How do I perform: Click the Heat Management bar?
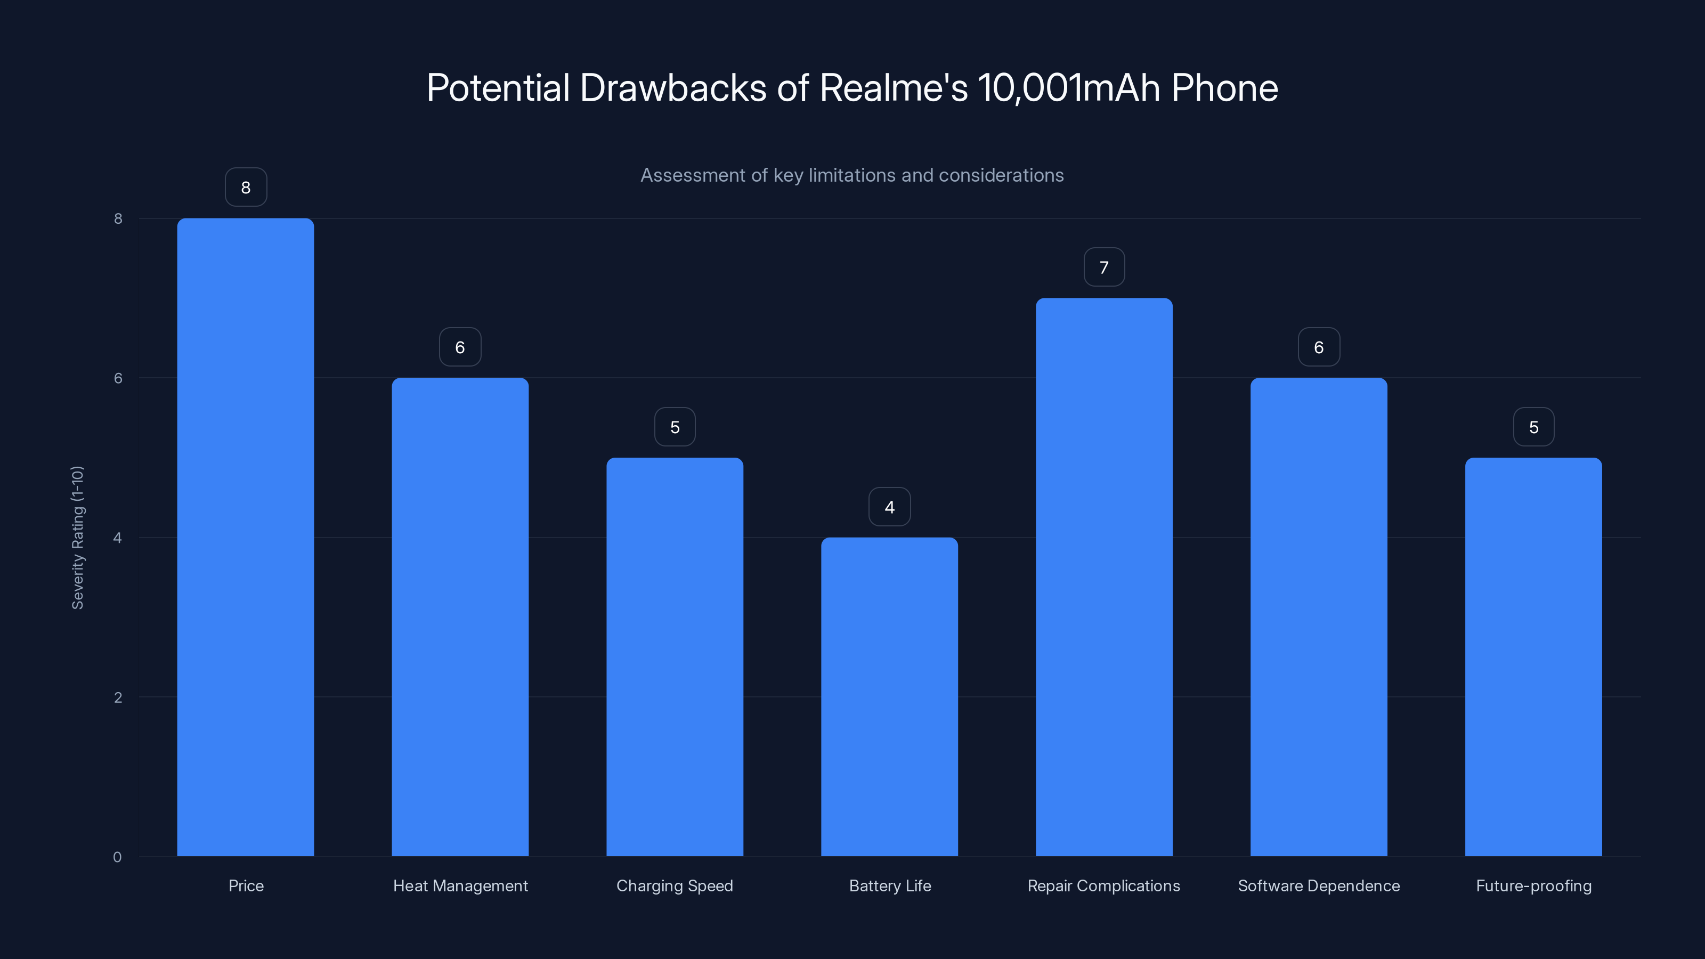[460, 617]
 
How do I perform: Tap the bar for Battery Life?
[890, 696]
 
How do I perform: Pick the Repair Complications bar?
[1104, 576]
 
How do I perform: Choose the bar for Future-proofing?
[1533, 656]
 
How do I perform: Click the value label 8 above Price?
[246, 188]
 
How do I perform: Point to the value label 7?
[1104, 267]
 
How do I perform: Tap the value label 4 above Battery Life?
[890, 507]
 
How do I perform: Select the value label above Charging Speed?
[675, 427]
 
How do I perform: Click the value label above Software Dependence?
[1319, 347]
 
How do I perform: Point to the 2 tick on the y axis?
[118, 697]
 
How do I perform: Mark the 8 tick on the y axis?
[118, 218]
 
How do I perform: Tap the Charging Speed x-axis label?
[675, 885]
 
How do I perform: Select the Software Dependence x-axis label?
[1319, 885]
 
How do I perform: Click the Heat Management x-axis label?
[460, 885]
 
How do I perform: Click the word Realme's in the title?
[894, 88]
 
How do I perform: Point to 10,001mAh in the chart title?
[1069, 88]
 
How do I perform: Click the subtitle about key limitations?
[852, 175]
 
